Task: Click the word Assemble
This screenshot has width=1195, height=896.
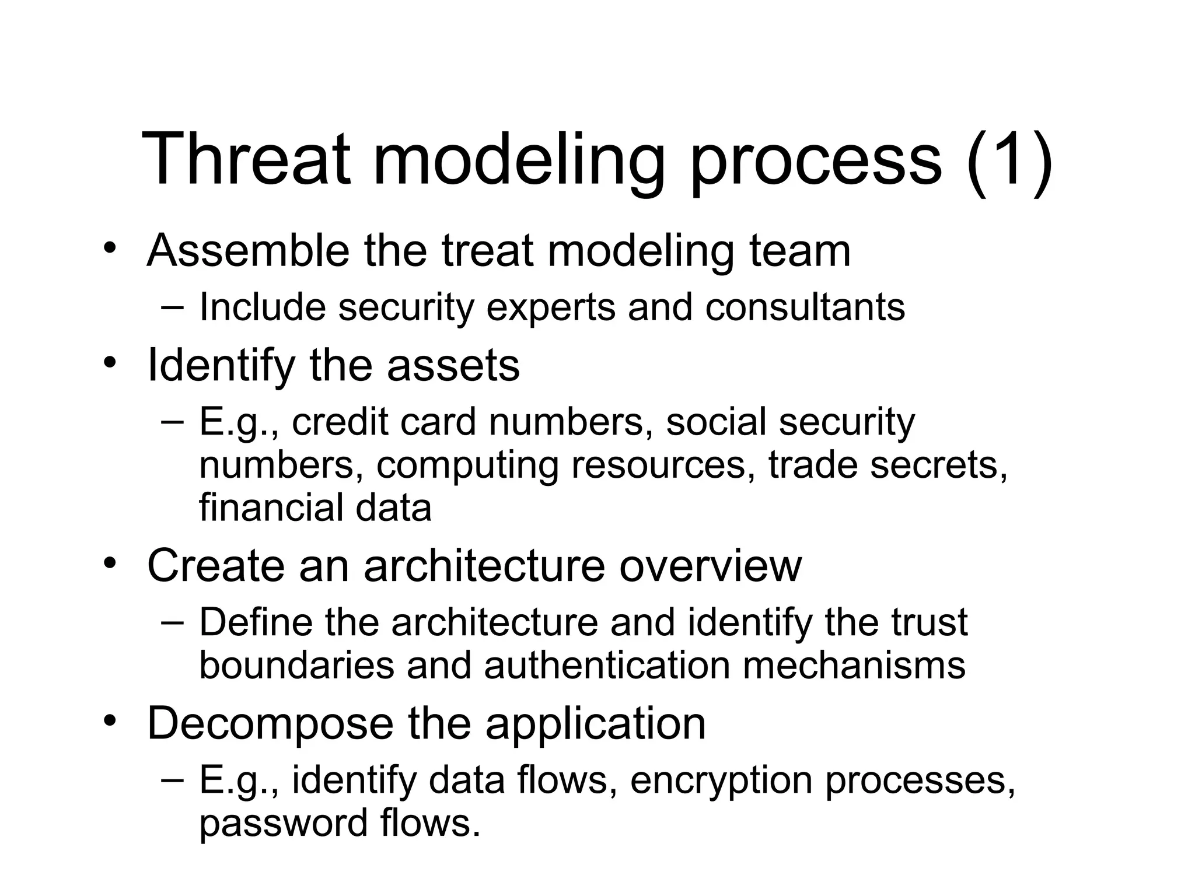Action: click(248, 251)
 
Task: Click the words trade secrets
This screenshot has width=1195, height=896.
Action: click(887, 465)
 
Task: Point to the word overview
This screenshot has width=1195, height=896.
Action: click(710, 566)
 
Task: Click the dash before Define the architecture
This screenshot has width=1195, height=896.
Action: click(172, 621)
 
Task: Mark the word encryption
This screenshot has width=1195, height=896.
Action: click(721, 780)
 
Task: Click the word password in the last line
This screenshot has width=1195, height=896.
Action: click(283, 823)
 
